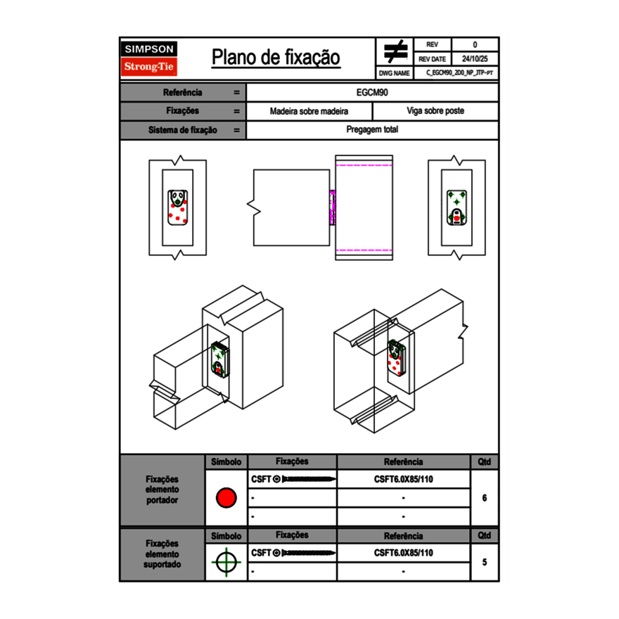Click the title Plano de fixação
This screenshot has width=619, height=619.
click(276, 58)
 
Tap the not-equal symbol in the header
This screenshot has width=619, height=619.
click(395, 52)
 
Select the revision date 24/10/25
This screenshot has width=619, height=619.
click(475, 59)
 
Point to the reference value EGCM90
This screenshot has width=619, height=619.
click(372, 92)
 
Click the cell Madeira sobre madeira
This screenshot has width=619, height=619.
click(309, 111)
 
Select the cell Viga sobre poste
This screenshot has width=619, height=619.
click(435, 111)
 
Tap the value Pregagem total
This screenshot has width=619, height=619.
click(372, 130)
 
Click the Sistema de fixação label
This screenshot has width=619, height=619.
click(183, 130)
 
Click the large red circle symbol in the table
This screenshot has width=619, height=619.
click(226, 498)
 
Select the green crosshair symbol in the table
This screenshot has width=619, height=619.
click(226, 562)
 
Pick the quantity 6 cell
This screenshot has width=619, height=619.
click(485, 498)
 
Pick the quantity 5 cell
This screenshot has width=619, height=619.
click(485, 562)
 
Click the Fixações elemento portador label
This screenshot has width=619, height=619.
click(162, 490)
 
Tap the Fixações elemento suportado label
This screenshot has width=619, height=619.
click(162, 554)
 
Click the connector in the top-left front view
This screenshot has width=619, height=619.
click(178, 208)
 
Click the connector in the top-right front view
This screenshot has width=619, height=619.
click(457, 208)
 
